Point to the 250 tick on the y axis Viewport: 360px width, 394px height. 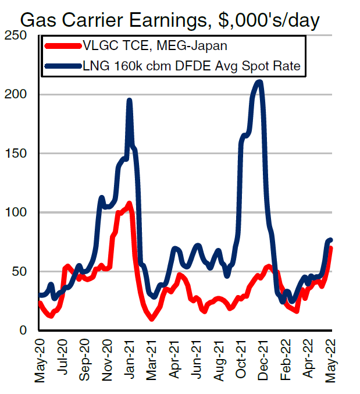[x=19, y=36]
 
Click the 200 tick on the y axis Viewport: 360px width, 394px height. [x=19, y=94]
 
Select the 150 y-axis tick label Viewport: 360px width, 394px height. [x=19, y=154]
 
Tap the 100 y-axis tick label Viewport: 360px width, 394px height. [x=19, y=212]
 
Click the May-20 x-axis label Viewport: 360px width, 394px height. [x=40, y=360]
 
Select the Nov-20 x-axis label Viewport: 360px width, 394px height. [x=107, y=360]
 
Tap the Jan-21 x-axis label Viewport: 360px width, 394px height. [x=130, y=360]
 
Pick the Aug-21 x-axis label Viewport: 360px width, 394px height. [x=219, y=360]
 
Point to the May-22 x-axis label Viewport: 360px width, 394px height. [x=332, y=360]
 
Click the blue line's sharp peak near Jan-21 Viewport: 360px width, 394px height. [x=129, y=100]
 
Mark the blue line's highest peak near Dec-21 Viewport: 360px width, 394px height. [x=259, y=82]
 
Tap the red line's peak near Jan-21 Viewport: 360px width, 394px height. [x=129, y=204]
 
